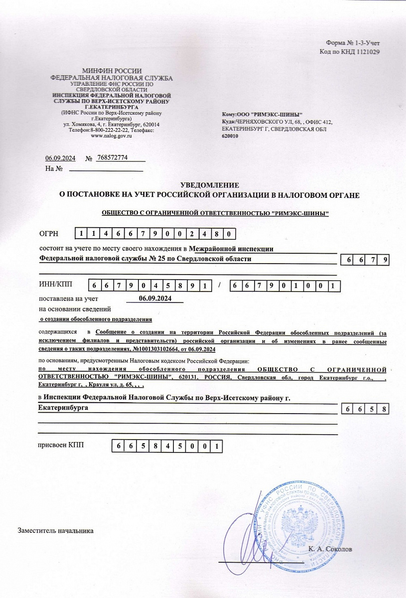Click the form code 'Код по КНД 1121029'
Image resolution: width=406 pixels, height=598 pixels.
point(350,52)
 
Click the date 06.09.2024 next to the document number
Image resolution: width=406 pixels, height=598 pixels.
point(60,158)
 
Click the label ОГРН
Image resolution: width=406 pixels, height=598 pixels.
point(49,233)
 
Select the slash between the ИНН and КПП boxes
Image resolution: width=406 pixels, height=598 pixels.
point(219,285)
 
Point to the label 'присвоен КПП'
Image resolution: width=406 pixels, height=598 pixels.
point(61,445)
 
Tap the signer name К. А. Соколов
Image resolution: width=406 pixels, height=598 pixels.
point(330,549)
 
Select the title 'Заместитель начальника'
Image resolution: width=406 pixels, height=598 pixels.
point(56,530)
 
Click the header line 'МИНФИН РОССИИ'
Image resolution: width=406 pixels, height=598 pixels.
point(112,71)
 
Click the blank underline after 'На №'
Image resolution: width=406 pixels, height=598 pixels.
point(106,169)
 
